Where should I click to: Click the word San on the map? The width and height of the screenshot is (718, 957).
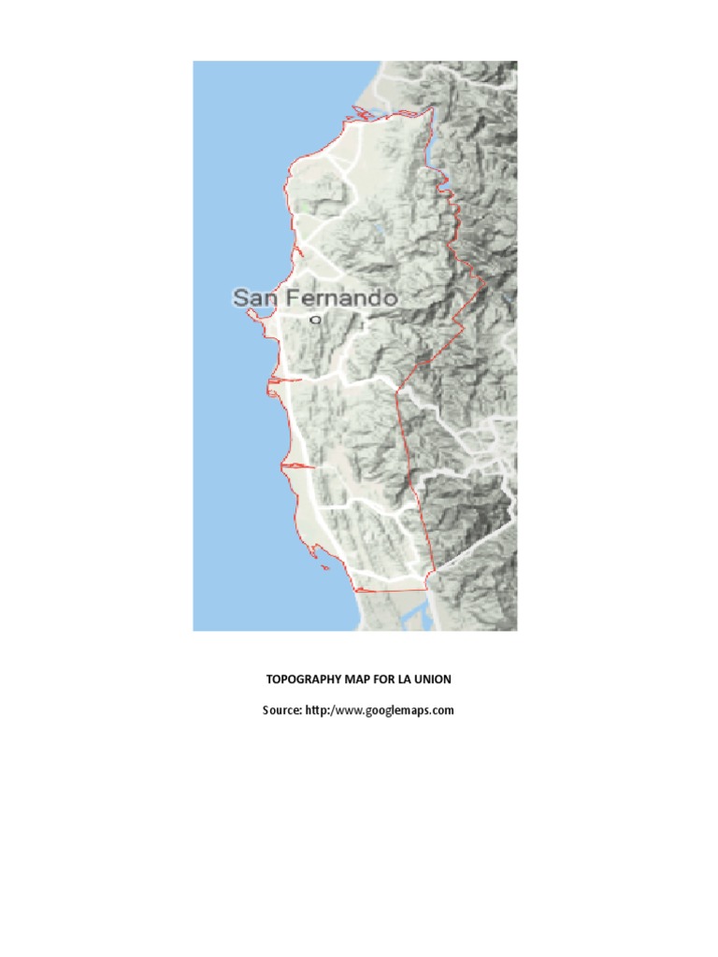(x=253, y=298)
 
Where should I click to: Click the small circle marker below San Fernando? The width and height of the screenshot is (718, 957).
(x=315, y=320)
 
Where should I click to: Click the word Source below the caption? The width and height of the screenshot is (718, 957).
(x=280, y=710)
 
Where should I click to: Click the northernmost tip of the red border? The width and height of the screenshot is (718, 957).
(x=432, y=108)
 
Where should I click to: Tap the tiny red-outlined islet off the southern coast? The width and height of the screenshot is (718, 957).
(x=323, y=568)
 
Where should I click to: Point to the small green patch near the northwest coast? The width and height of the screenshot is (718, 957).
(x=301, y=205)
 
